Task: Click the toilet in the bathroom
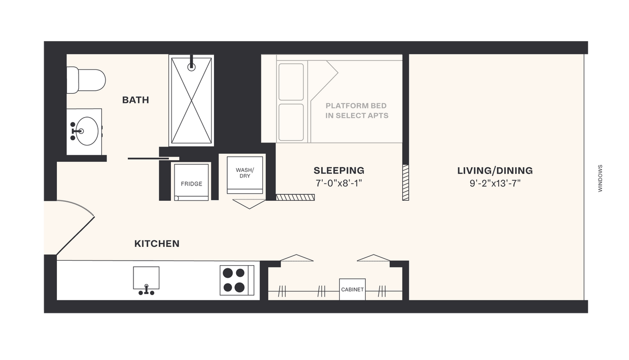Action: pos(86,80)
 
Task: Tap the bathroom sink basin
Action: pos(87,131)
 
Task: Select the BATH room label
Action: pos(135,100)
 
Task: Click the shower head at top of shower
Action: pos(191,66)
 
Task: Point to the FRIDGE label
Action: pos(191,184)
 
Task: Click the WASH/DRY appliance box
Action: pos(246,174)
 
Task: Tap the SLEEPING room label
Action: pos(338,170)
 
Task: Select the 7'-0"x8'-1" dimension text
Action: pos(338,183)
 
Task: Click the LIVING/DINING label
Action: pos(495,170)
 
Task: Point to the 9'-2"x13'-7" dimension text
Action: pos(495,183)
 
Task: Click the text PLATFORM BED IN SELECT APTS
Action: pos(357,111)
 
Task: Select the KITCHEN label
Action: pos(157,243)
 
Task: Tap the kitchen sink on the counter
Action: pos(146,279)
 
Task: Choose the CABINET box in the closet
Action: pos(352,290)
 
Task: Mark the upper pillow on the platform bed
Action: pos(291,82)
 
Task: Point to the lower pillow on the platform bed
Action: pos(291,122)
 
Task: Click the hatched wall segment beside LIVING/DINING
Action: pos(405,182)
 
